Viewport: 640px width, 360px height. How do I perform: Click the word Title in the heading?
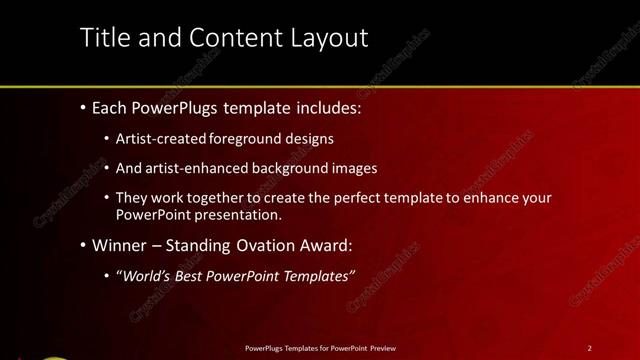pyautogui.click(x=103, y=38)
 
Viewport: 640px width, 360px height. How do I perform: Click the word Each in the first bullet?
pyautogui.click(x=110, y=107)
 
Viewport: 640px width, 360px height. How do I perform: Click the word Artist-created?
pyautogui.click(x=161, y=139)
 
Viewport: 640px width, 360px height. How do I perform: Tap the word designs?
pyautogui.click(x=309, y=139)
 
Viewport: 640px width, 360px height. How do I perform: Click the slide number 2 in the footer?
pyautogui.click(x=589, y=348)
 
